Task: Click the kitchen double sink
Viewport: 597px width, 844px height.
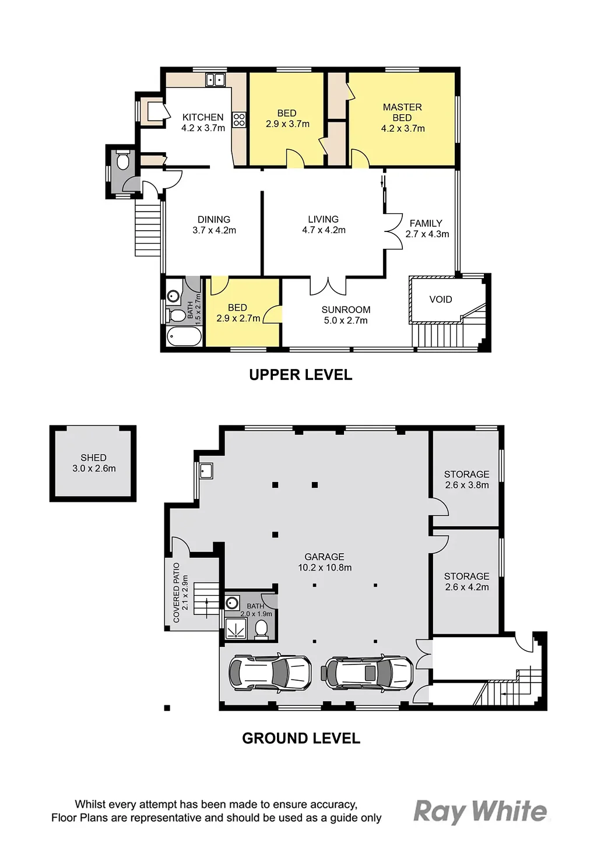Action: tap(216, 80)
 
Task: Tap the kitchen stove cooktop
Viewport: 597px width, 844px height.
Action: tap(239, 120)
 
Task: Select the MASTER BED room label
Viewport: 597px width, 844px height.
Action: tap(402, 112)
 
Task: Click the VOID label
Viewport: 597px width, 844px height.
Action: tap(441, 299)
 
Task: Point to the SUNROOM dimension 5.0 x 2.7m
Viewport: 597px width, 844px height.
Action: tap(346, 320)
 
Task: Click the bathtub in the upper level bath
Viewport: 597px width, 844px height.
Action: tap(184, 336)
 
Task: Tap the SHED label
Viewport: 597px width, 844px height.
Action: tap(93, 458)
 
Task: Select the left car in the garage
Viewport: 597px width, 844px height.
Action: tap(271, 673)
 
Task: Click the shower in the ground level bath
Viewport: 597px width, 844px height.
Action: tap(236, 630)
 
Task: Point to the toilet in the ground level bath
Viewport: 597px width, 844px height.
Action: tap(261, 630)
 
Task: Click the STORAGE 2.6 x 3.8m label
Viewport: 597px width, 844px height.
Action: tap(466, 479)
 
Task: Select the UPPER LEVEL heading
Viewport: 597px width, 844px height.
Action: tap(301, 375)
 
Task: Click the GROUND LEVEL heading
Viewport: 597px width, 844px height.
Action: tap(301, 738)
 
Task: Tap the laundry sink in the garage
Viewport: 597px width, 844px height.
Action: tap(206, 470)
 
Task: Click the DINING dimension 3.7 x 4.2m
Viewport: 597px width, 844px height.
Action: tap(214, 230)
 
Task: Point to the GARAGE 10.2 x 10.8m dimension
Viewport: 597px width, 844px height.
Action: tap(325, 568)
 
